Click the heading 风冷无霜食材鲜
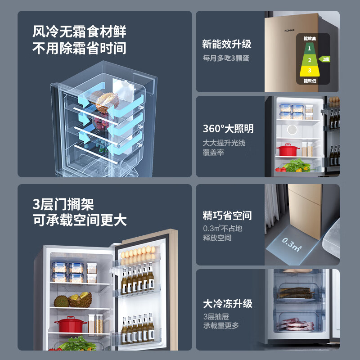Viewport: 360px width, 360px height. tap(79, 32)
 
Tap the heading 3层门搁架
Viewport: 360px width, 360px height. tap(63, 205)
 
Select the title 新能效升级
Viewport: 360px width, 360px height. tap(226, 44)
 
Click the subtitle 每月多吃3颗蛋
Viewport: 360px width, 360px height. tap(225, 58)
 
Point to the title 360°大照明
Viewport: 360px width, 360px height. tap(228, 129)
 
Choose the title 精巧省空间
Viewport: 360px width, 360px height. tap(227, 215)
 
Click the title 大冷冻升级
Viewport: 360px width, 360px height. tap(227, 303)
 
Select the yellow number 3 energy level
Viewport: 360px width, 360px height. tap(310, 70)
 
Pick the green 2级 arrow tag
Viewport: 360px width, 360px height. tap(324, 59)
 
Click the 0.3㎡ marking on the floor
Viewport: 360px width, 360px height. tap(292, 245)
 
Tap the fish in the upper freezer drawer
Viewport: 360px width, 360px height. tap(296, 292)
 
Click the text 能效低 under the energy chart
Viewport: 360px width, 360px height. tap(310, 81)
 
